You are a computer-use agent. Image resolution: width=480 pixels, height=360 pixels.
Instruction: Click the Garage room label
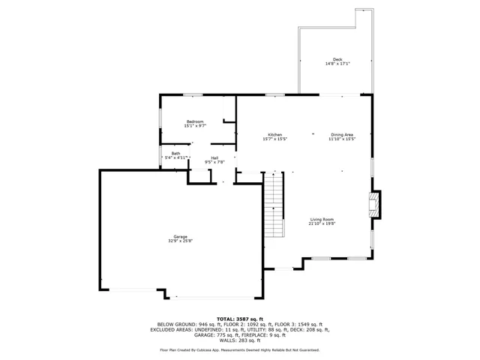181,236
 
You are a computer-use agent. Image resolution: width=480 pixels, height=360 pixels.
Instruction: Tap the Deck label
337,59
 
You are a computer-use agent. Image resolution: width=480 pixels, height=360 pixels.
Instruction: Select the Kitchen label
275,135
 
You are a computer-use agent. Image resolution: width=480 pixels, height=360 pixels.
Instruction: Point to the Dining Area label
342,135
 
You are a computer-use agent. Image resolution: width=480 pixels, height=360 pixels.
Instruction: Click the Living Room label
322,219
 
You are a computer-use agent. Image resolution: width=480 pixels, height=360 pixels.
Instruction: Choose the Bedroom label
196,121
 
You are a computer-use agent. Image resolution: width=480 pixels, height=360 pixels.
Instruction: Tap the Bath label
175,153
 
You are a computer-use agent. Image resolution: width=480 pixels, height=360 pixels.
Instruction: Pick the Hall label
214,157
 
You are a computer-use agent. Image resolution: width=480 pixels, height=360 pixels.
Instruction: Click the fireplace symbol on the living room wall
373,205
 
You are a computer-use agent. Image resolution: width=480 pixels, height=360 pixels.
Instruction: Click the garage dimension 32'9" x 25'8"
181,241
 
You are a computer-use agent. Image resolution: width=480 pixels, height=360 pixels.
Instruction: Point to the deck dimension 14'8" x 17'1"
337,64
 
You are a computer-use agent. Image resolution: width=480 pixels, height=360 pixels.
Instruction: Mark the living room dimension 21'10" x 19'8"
322,223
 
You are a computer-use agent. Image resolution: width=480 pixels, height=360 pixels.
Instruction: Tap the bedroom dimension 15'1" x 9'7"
196,126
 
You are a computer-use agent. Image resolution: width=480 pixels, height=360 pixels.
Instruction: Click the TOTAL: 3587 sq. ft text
240,319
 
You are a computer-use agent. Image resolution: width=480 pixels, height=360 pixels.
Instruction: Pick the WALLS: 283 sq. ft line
240,340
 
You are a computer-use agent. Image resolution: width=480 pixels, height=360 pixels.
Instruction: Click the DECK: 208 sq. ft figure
308,329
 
